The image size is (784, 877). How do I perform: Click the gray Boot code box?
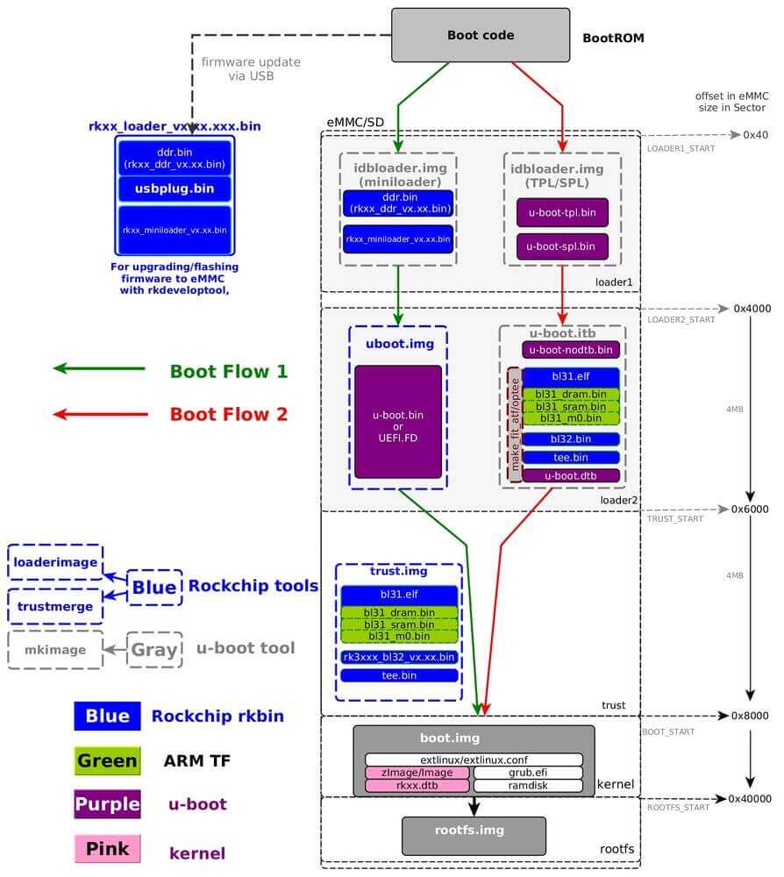[480, 35]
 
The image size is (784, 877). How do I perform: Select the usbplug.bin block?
[175, 189]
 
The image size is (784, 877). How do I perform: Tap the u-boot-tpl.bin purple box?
[562, 212]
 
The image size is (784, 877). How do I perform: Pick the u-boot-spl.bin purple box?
[562, 247]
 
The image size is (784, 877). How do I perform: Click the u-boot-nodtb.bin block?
[571, 349]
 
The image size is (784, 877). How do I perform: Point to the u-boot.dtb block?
[571, 475]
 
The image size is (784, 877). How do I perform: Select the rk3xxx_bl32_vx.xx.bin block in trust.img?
[399, 656]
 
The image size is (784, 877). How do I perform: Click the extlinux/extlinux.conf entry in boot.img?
[474, 759]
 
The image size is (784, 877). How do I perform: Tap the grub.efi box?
[528, 773]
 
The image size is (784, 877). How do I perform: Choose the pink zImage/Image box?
[418, 773]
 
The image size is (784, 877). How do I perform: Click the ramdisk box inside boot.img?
[528, 786]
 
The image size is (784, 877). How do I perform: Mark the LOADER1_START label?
[681, 148]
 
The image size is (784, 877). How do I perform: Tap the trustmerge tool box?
[55, 606]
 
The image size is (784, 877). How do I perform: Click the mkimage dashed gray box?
[55, 650]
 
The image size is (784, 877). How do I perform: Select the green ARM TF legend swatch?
[107, 760]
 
